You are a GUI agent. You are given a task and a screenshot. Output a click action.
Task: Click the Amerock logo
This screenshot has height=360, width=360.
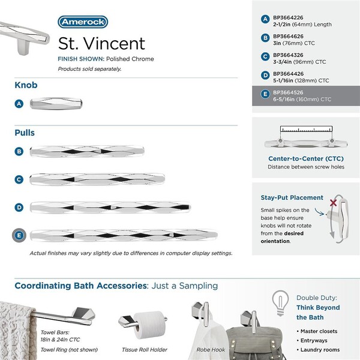click(83, 22)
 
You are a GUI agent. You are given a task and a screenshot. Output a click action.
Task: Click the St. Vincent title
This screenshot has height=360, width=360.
click(101, 43)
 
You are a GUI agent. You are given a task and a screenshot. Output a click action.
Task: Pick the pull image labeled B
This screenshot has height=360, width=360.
click(88, 152)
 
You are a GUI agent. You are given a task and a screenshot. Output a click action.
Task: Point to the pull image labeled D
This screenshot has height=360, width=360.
click(112, 207)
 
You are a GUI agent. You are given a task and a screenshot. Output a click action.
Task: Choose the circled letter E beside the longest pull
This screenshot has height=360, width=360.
click(19, 235)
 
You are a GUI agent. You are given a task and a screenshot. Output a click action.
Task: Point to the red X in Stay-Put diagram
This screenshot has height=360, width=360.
click(332, 204)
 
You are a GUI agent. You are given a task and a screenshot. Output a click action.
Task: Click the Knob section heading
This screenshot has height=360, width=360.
click(26, 85)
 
